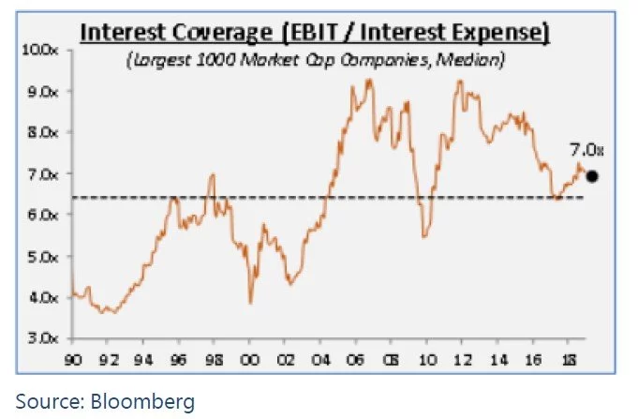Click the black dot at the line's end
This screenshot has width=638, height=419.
coord(591,175)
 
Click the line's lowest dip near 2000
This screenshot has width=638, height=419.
coord(250,302)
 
